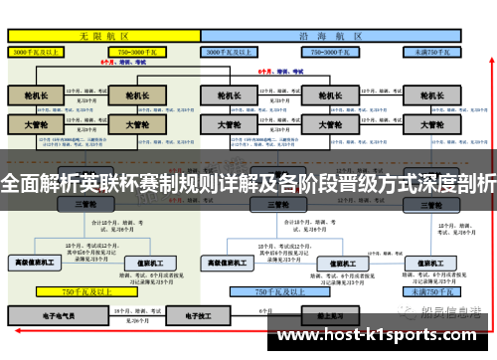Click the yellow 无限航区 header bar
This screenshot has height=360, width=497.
point(103,34)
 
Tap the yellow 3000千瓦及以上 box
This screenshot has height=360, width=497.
point(39,51)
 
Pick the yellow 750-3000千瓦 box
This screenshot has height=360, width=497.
point(138,51)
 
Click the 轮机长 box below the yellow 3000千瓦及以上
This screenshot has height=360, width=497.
point(36,96)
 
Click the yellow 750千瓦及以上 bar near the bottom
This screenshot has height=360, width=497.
point(84,292)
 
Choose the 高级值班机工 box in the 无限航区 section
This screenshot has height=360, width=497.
point(36,263)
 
